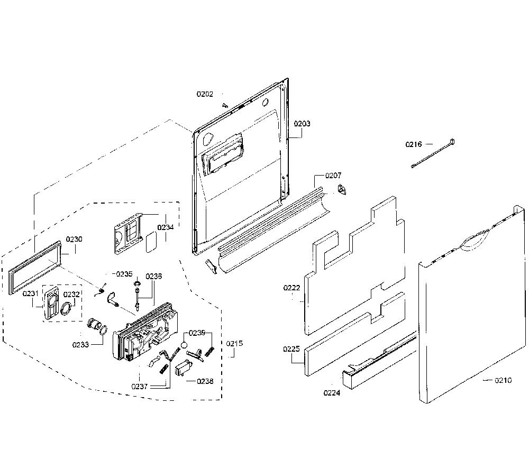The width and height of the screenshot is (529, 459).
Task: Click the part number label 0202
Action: [205, 94]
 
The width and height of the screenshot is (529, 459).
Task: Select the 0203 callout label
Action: [302, 123]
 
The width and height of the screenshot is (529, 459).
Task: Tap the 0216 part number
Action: [414, 144]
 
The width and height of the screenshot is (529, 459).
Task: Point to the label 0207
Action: [333, 176]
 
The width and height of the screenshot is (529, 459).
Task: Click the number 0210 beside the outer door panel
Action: [504, 380]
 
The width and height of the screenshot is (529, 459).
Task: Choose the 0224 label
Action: [332, 393]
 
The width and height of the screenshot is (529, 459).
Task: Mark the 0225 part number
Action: [291, 349]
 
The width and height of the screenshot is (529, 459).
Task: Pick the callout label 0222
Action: [292, 288]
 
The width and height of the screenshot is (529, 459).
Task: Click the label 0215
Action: [234, 344]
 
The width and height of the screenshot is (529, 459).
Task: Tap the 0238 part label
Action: [205, 381]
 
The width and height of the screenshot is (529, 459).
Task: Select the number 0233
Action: [80, 345]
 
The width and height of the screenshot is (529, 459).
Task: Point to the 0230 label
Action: [74, 240]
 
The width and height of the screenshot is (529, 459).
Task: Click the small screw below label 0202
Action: [224, 105]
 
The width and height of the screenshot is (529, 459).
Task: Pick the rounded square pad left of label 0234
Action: [151, 242]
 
